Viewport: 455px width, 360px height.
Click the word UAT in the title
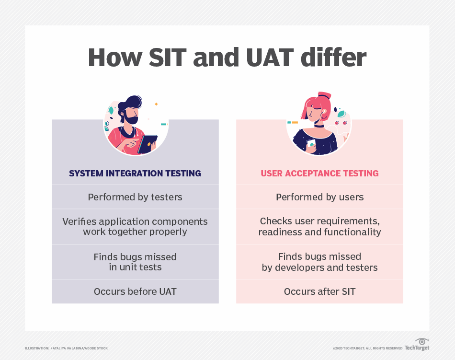coord(270,58)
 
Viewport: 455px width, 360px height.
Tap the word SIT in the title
coord(168,58)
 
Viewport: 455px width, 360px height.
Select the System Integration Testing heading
coord(135,174)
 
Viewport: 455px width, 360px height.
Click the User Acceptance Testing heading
coord(319,174)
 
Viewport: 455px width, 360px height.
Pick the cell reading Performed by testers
coord(135,197)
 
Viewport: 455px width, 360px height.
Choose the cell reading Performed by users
coord(319,197)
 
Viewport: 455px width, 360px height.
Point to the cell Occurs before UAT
coord(135,291)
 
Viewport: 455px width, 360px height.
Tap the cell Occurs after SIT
coord(319,291)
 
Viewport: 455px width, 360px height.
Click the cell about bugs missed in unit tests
coord(135,262)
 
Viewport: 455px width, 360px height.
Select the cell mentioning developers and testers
coord(319,262)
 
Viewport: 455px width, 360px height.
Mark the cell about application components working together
coord(135,226)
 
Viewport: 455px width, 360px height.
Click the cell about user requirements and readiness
coord(319,226)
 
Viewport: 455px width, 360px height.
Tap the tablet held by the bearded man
coord(147,144)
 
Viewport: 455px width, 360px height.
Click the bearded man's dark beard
coord(131,118)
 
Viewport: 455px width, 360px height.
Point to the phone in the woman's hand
coord(311,143)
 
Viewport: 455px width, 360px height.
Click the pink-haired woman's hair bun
coord(324,95)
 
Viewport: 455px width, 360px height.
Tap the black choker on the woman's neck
coord(318,126)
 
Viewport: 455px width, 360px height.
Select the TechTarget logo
coord(417,345)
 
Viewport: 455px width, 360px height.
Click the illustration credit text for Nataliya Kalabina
coord(66,348)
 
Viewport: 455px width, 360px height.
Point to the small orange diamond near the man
coord(156,104)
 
